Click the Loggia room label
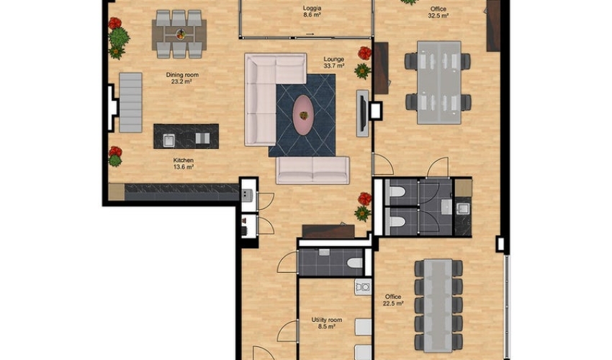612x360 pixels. point(312,12)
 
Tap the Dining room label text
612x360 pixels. point(182,75)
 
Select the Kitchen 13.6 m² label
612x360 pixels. point(184,163)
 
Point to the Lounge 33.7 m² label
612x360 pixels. point(333,63)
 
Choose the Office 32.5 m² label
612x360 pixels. point(438,12)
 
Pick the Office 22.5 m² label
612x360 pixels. point(393,300)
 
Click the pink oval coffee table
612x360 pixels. point(303,115)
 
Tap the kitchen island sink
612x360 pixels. point(168,140)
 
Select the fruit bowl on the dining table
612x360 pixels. point(180,35)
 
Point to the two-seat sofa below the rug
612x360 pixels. point(312,170)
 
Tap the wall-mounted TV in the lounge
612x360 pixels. point(363,114)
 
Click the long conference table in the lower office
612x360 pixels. point(438,305)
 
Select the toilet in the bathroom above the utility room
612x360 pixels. point(354,263)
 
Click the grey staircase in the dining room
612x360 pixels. point(130,102)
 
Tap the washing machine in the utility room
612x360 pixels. point(363,287)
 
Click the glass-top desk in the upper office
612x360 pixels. point(438,83)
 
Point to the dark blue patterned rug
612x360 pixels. point(302,115)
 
